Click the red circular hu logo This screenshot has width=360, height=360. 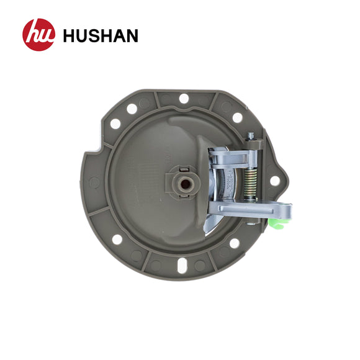39,35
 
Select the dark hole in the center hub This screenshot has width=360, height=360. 186,183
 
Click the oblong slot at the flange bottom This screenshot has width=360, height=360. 182,266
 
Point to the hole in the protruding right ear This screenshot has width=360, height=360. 275,181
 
